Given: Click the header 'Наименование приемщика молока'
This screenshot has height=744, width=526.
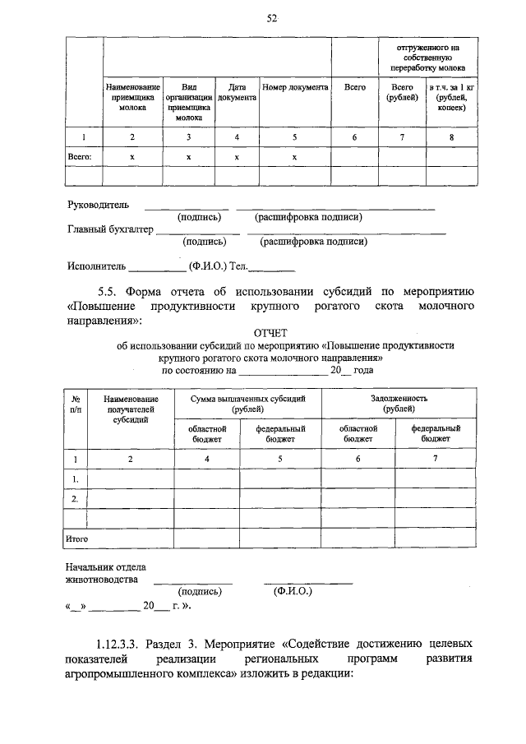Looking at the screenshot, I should (131, 96).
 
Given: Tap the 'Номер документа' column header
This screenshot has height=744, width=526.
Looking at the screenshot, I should (296, 86).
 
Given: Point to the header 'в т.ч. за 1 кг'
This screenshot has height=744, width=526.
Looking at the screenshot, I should (450, 86).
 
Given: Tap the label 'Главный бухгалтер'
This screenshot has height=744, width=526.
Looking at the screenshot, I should (110, 229).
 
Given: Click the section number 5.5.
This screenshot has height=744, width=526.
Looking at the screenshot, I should (109, 291).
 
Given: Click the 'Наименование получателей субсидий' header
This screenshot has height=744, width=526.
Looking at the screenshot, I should (130, 409).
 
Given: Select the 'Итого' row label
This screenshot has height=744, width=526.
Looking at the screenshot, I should (76, 538).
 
